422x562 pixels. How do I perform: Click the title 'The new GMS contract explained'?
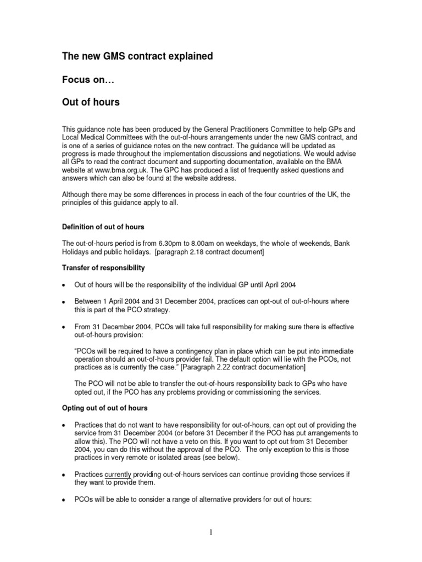point(137,56)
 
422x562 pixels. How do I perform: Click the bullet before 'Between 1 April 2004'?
point(64,302)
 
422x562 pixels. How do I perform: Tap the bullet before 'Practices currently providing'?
point(64,474)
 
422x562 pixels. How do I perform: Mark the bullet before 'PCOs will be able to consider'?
point(64,501)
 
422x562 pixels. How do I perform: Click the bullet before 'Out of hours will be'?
point(64,285)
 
